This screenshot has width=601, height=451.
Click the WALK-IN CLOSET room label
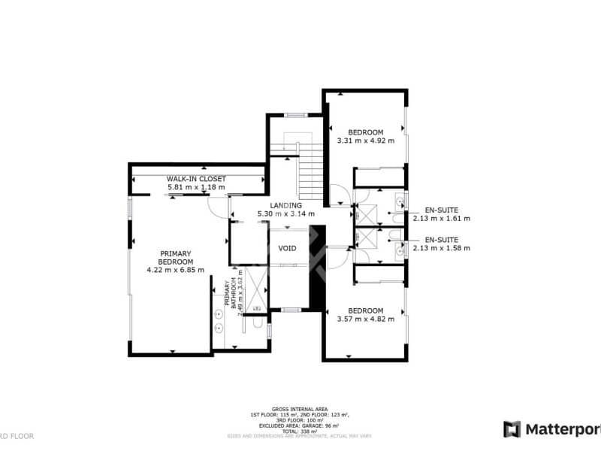coord(196,179)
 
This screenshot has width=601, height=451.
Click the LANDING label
coord(285,205)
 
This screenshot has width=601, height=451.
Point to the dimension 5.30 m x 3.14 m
coord(285,214)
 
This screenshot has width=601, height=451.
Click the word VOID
coord(287,248)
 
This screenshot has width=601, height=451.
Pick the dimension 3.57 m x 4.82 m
coord(366,319)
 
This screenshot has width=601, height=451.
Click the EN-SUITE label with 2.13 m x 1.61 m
coord(441,210)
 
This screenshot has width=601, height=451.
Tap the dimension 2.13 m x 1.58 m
coord(441,249)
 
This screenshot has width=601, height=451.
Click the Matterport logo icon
coord(512,429)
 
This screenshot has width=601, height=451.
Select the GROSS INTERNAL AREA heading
coord(300,410)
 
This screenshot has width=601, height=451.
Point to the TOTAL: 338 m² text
coord(300,431)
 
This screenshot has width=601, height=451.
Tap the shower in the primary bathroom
coord(253,289)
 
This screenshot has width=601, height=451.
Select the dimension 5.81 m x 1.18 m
coord(196,186)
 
